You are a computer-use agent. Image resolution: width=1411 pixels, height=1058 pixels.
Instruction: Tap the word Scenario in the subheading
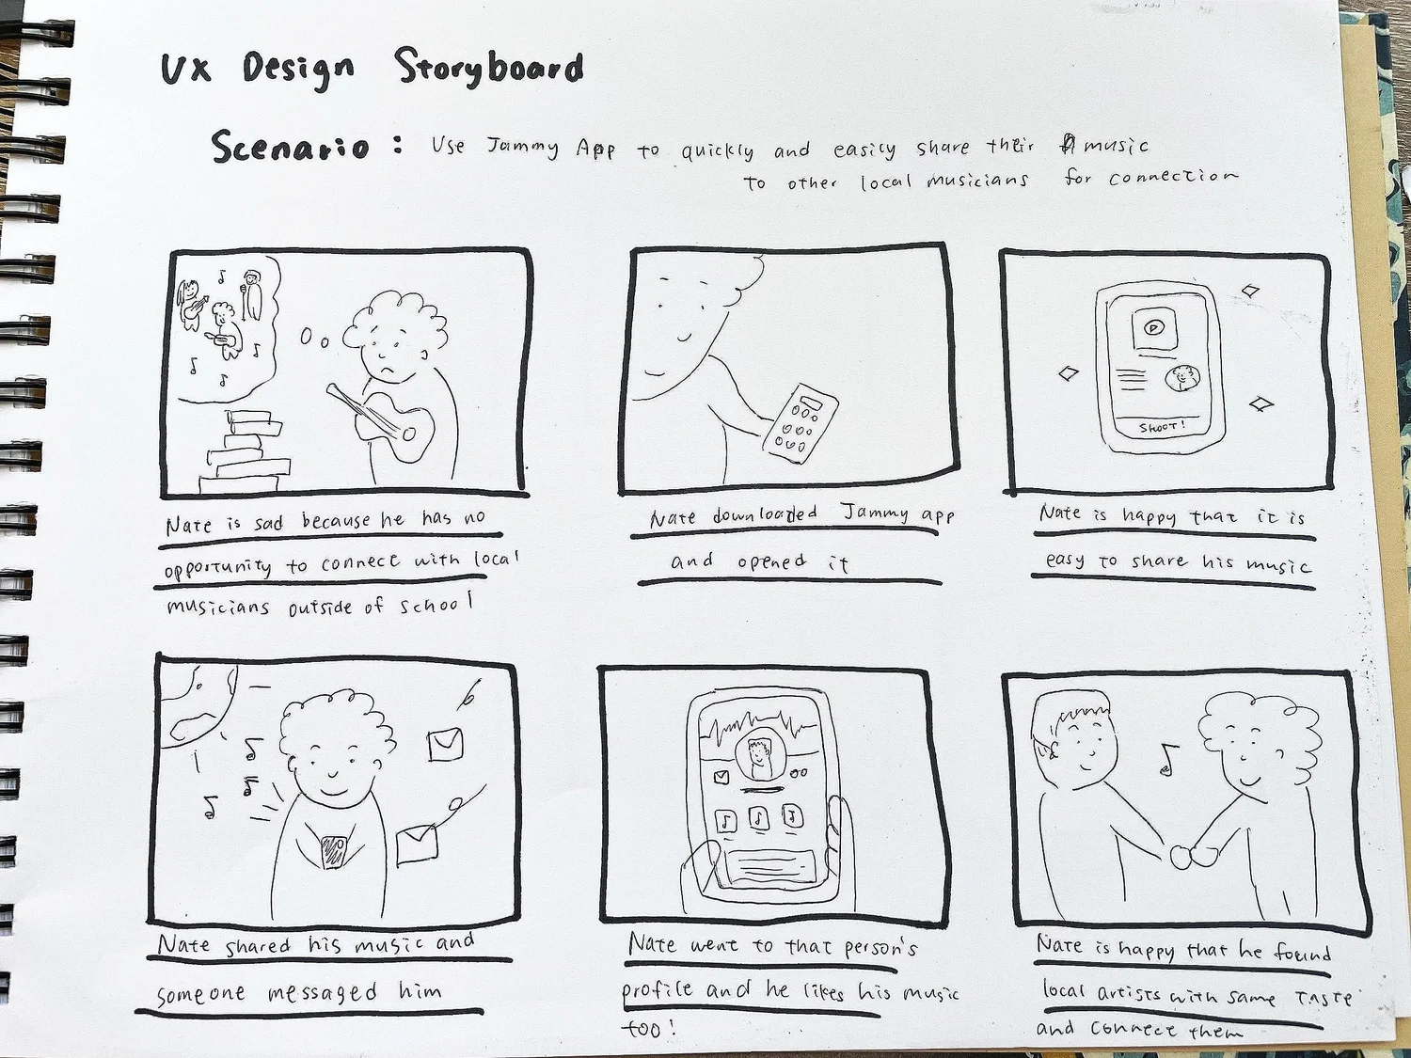(x=291, y=147)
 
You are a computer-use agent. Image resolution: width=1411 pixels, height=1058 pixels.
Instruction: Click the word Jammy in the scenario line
(x=522, y=148)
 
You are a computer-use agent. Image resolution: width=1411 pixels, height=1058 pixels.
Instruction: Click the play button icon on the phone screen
(x=1154, y=327)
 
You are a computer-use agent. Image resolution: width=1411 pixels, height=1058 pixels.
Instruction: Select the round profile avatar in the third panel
(x=1182, y=378)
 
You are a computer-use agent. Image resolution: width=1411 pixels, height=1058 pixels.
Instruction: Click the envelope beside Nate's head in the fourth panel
(x=446, y=744)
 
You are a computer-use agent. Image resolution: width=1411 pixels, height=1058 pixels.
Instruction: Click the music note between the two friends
(x=1168, y=759)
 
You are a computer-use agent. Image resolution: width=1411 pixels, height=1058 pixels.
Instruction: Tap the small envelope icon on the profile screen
(x=721, y=778)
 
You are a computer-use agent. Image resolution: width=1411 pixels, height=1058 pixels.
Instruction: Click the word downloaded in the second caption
(x=765, y=515)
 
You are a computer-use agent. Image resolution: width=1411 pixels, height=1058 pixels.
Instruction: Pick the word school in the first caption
(x=437, y=605)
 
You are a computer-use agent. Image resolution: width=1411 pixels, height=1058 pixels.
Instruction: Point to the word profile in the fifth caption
(x=658, y=991)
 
